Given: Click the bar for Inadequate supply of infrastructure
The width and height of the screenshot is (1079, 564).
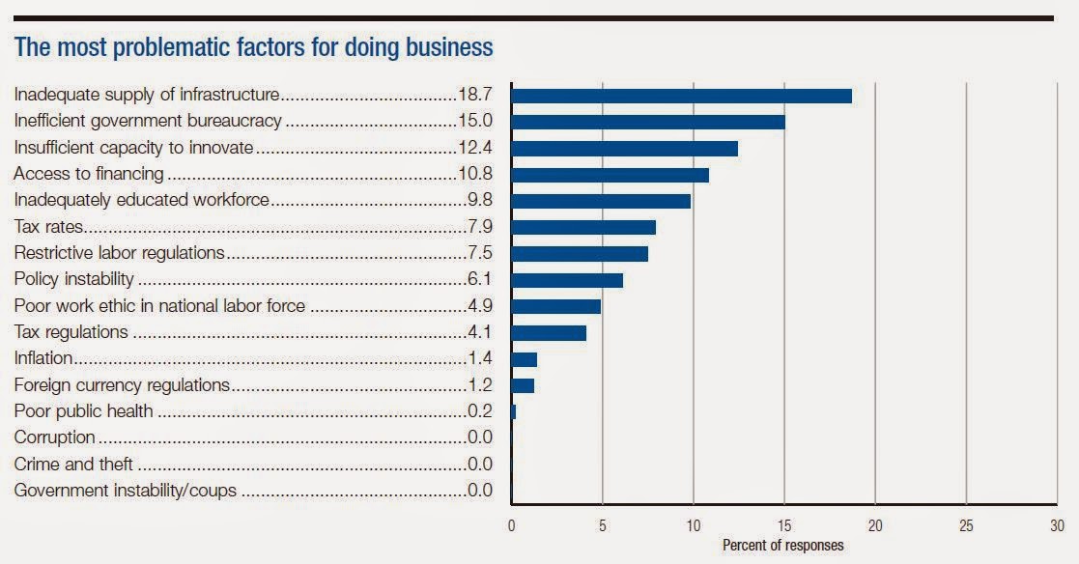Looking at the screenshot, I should click(x=681, y=96).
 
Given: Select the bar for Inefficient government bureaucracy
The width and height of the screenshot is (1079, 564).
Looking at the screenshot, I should click(x=648, y=122).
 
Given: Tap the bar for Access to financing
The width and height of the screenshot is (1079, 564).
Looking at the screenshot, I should click(x=610, y=175).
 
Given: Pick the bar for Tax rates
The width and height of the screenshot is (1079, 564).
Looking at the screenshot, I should click(x=583, y=227).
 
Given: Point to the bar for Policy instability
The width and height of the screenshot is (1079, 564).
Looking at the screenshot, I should click(x=567, y=280).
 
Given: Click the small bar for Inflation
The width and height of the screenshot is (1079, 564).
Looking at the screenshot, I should click(x=524, y=359).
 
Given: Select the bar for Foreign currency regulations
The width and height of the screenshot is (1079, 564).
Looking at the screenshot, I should click(x=523, y=385).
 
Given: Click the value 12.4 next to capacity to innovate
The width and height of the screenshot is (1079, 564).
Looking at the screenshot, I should click(x=473, y=148).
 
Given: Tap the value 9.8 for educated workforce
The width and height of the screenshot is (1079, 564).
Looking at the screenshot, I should click(x=477, y=201).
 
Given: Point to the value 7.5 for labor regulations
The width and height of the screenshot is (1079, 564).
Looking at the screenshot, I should click(x=477, y=253).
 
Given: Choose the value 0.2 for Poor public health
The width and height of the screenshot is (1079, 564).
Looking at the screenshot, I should click(x=477, y=411).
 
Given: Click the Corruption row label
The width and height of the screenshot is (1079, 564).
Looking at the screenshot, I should click(x=54, y=437).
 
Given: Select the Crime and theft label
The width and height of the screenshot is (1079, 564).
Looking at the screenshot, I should click(x=73, y=465).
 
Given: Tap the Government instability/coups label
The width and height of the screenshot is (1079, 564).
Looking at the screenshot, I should click(x=125, y=491).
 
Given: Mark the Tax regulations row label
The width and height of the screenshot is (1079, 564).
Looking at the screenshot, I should click(x=71, y=332).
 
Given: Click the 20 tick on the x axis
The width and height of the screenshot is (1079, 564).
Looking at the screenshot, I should click(x=875, y=526).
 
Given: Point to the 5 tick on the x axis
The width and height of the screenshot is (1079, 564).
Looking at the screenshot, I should click(x=602, y=526).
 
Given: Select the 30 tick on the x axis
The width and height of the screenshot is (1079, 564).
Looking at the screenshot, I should click(x=1056, y=526).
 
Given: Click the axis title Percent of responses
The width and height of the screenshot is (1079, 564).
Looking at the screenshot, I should click(x=782, y=546).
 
